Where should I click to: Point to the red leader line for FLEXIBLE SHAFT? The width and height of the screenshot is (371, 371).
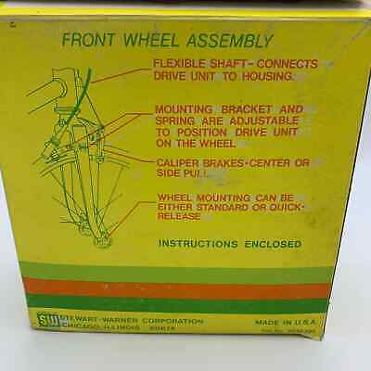121,74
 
